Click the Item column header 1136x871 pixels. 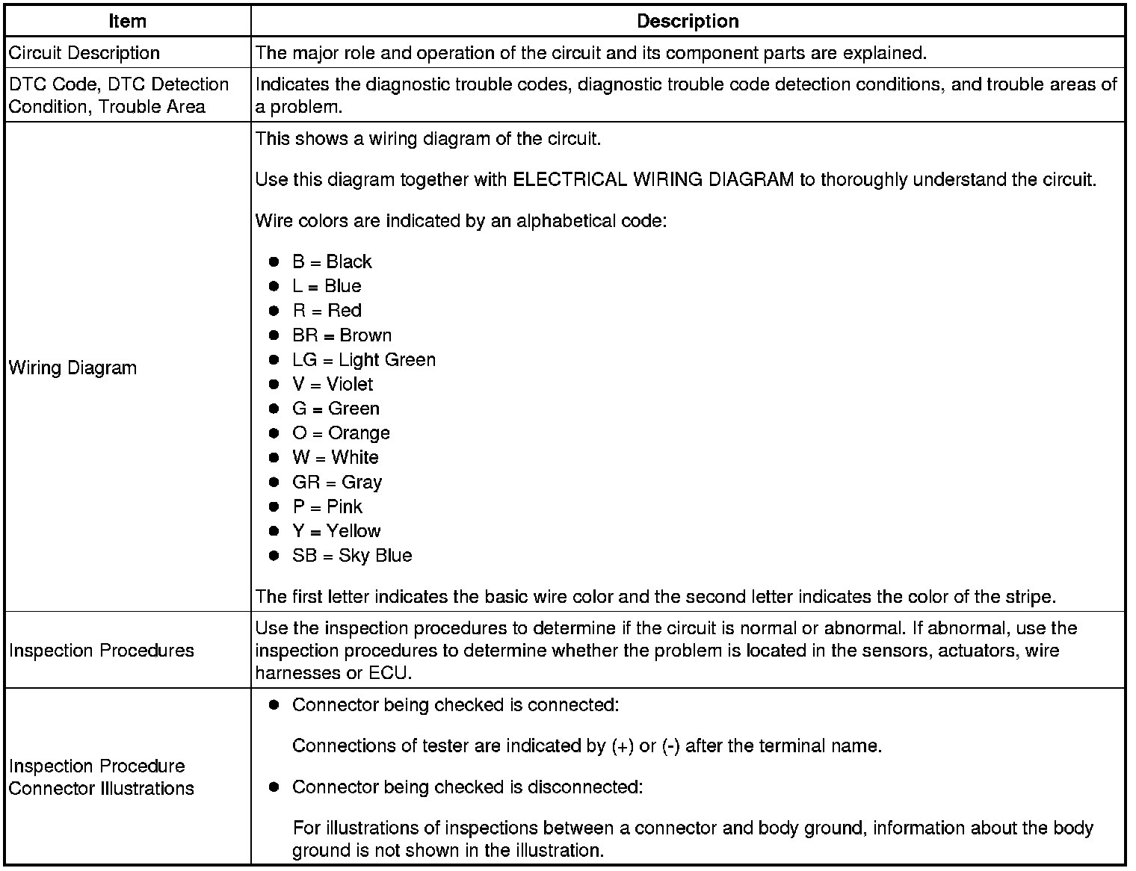pyautogui.click(x=127, y=21)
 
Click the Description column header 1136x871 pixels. pyautogui.click(x=688, y=21)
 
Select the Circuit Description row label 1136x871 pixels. pyautogui.click(x=84, y=53)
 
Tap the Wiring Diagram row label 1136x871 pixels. pyautogui.click(x=72, y=368)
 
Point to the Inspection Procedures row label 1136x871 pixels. pyautogui.click(x=102, y=651)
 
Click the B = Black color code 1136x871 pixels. pyautogui.click(x=332, y=261)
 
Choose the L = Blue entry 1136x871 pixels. pyautogui.click(x=327, y=286)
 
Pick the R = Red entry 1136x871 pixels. pyautogui.click(x=327, y=311)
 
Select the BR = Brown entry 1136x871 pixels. pyautogui.click(x=342, y=335)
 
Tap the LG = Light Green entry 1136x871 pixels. pyautogui.click(x=364, y=360)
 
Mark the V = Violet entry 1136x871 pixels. pyautogui.click(x=333, y=384)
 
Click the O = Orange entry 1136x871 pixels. pyautogui.click(x=341, y=433)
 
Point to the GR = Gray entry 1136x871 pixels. pyautogui.click(x=337, y=483)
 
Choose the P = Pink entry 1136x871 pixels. pyautogui.click(x=327, y=506)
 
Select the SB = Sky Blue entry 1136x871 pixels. pyautogui.click(x=352, y=556)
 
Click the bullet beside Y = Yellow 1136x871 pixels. pyautogui.click(x=274, y=531)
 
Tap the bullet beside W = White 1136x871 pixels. pyautogui.click(x=274, y=458)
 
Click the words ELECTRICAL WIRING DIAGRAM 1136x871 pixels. pyautogui.click(x=653, y=180)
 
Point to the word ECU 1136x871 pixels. pyautogui.click(x=389, y=673)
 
